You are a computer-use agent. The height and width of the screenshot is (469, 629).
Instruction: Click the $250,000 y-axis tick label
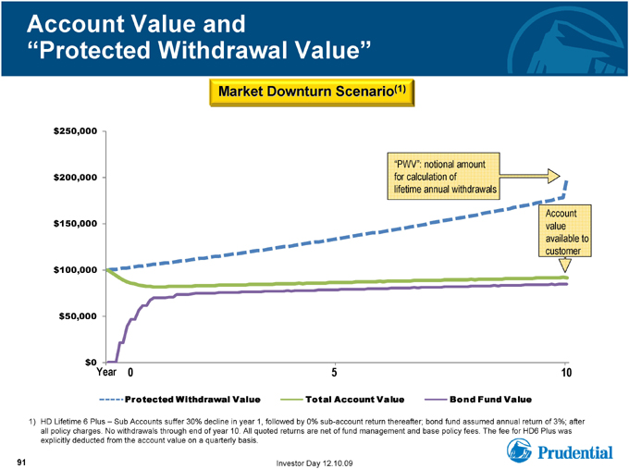tap(76, 131)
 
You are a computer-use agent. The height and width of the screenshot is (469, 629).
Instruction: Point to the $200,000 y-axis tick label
tap(76, 178)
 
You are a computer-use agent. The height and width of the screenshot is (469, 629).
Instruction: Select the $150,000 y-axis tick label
tap(76, 224)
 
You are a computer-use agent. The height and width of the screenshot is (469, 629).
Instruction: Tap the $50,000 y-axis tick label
tap(79, 316)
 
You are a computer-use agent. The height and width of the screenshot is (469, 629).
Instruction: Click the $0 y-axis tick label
tap(91, 363)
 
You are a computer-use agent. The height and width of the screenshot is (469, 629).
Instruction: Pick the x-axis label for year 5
tap(334, 372)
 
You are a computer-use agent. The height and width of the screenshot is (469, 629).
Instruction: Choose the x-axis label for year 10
tap(566, 372)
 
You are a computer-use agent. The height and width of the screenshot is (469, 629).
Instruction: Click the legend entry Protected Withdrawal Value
tap(179, 400)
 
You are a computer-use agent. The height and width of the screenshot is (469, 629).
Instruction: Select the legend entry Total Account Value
tap(342, 400)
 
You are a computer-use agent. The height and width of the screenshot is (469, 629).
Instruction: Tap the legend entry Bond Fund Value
tap(478, 400)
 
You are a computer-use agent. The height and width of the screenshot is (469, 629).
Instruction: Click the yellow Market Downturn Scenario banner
tap(312, 93)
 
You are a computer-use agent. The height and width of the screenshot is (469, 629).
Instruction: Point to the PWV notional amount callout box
tap(443, 176)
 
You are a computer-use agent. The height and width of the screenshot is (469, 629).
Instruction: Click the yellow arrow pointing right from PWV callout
tap(529, 176)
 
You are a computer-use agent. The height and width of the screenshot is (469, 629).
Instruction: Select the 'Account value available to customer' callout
tap(565, 231)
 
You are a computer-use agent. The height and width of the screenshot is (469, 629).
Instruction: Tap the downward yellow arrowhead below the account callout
tap(565, 265)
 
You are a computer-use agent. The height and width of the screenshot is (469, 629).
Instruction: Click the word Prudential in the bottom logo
tap(574, 452)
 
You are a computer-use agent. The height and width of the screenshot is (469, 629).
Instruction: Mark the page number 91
tap(21, 463)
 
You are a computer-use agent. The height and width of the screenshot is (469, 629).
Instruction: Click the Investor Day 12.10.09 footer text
tap(314, 463)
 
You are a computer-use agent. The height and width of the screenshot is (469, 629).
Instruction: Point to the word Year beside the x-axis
tap(106, 372)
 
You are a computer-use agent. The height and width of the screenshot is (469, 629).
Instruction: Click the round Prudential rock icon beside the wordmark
tap(519, 450)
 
